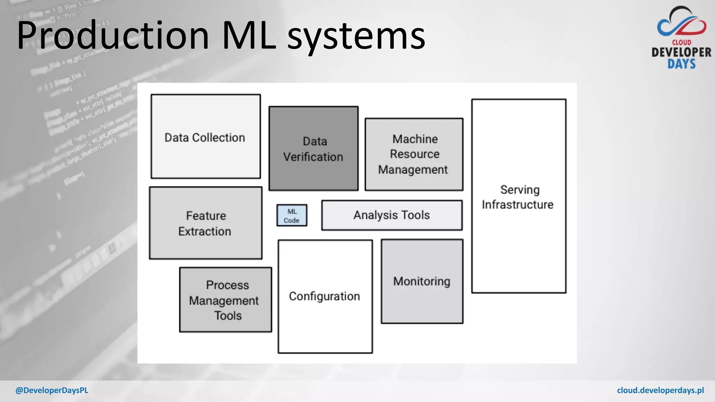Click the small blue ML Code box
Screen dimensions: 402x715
coord(292,216)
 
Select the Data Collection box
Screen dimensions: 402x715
coord(206,137)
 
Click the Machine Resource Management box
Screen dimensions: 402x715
coord(414,154)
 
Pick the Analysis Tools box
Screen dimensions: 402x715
coord(392,215)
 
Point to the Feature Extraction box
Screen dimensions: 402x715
coord(206,223)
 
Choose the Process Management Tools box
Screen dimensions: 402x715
coord(226,300)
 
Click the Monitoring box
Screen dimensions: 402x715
coord(422,281)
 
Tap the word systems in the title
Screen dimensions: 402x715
coord(356,37)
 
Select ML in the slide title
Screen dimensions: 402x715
coord(249,35)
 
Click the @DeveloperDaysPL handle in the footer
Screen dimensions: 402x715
coord(52,390)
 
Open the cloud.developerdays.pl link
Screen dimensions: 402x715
coord(660,390)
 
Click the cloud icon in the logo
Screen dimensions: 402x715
coord(681,23)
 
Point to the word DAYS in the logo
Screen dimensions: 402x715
coord(681,64)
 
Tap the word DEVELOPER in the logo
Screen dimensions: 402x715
coord(681,53)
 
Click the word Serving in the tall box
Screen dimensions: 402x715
coord(519,190)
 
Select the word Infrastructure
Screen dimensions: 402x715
coord(518,205)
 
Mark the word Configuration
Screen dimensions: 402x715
coord(324,296)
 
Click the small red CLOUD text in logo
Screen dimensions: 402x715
coord(681,43)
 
